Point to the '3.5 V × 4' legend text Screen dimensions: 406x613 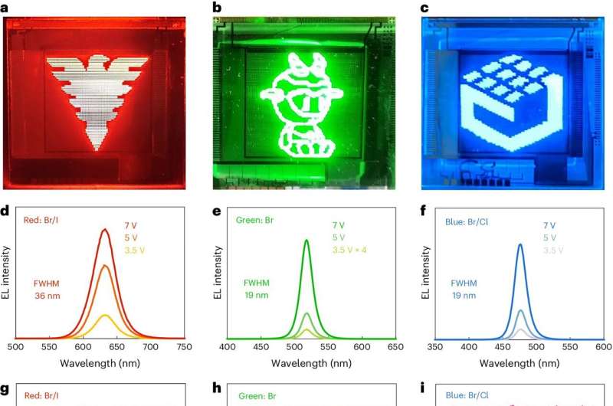[x=349, y=250]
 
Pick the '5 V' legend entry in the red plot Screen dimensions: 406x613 [x=131, y=237]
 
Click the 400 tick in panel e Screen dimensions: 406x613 [x=228, y=347]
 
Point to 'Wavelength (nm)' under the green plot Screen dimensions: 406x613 [x=311, y=361]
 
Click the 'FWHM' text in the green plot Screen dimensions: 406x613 [x=257, y=282]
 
